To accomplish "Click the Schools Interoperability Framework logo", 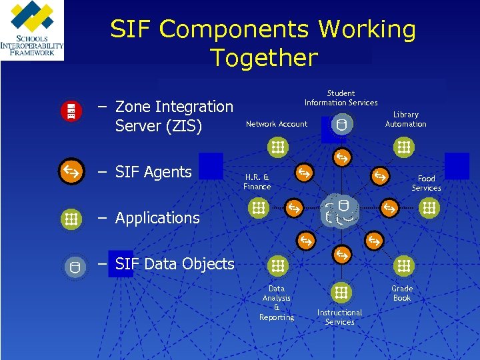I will tap(32, 30).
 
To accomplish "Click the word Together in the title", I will tap(263, 58).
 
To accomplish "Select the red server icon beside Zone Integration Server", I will tap(71, 112).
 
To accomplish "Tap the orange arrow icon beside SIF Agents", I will tap(71, 171).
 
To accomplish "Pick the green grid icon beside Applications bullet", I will tap(71, 218).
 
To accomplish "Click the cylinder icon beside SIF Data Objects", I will tap(74, 268).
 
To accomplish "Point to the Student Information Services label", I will tap(341, 98).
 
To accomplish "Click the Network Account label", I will tap(277, 124).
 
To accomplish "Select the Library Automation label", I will tap(405, 119).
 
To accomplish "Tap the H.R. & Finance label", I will tap(257, 182).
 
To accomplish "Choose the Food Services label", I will tap(426, 183).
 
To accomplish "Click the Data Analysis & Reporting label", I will tap(277, 303).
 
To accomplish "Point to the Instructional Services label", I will tap(339, 317).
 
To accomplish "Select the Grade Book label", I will tap(402, 293).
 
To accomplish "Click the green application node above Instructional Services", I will tap(341, 292).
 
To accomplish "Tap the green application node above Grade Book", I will tap(403, 267).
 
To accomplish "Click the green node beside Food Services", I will tap(429, 209).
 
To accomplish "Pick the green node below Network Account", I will tap(277, 147).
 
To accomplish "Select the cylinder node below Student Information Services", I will tap(341, 124).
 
